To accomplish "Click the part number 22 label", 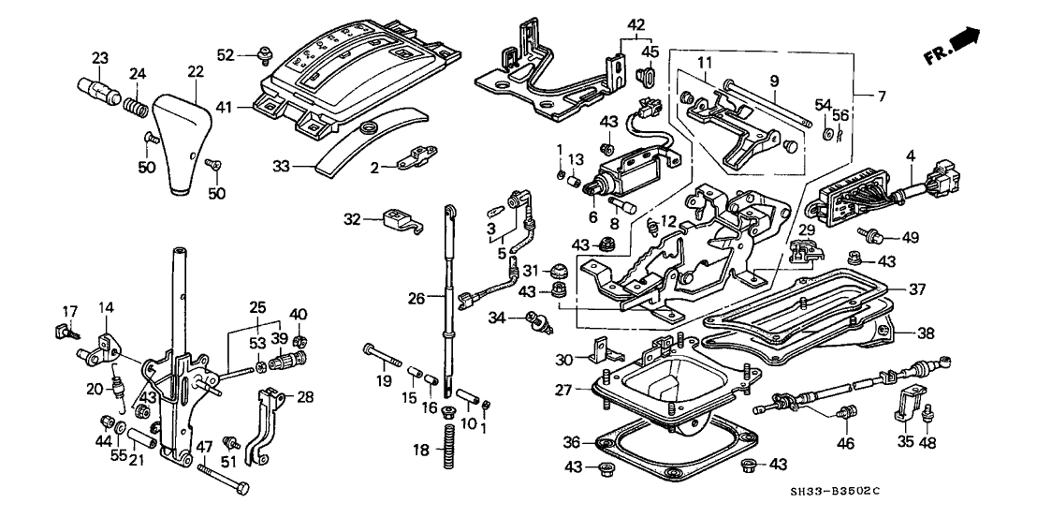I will coord(195,72).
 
